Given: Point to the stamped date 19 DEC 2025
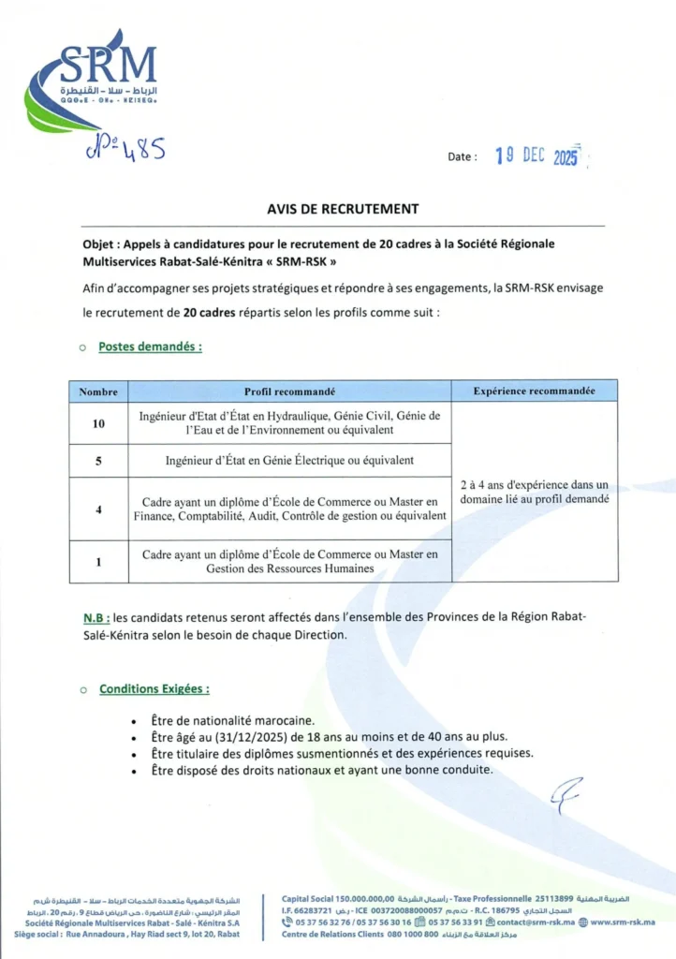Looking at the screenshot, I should click(x=536, y=156).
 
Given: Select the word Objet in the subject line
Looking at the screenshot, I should click(x=100, y=243).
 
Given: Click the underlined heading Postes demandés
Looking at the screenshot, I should click(x=150, y=346).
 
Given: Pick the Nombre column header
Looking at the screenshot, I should click(x=98, y=391).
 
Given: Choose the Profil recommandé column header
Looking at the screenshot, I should click(x=290, y=391).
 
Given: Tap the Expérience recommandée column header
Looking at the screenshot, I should click(x=535, y=391).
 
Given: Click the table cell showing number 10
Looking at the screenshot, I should click(x=98, y=423).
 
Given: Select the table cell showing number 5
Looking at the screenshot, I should click(x=98, y=461).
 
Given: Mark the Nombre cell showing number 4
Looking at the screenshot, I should click(x=98, y=509).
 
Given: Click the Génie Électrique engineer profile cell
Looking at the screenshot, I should click(x=290, y=461).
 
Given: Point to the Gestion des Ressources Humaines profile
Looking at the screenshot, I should click(x=290, y=561).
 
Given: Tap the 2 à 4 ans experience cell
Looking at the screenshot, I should click(x=535, y=492).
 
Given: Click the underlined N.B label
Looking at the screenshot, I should click(x=96, y=617).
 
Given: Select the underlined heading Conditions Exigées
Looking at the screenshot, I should click(x=154, y=688).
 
